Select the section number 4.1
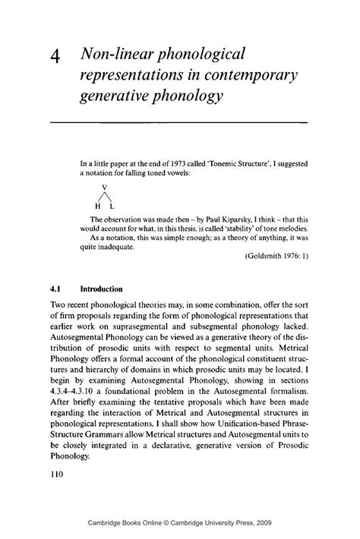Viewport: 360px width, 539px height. pos(56,289)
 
